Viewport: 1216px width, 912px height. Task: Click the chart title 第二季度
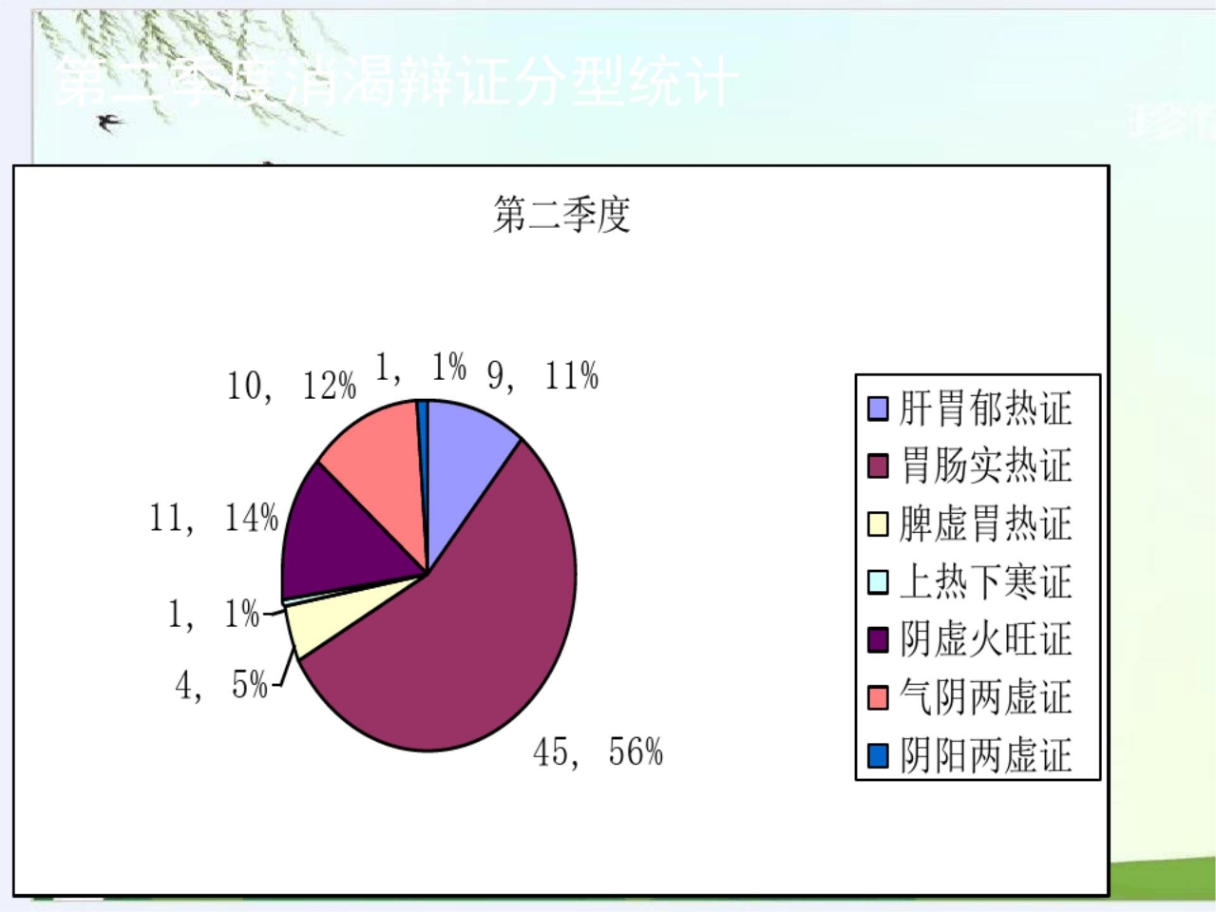[x=561, y=215]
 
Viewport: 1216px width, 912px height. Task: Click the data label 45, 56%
[x=598, y=752]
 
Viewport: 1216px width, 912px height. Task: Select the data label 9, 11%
[x=542, y=377]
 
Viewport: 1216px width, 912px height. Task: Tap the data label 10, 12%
[x=291, y=386]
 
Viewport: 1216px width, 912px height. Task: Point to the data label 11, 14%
[x=214, y=519]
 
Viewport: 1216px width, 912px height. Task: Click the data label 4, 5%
[x=221, y=685]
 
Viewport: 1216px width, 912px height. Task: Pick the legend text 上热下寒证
[x=985, y=582]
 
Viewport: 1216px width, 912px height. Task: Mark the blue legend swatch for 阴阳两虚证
[x=878, y=756]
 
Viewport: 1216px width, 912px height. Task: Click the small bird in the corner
[x=111, y=122]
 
